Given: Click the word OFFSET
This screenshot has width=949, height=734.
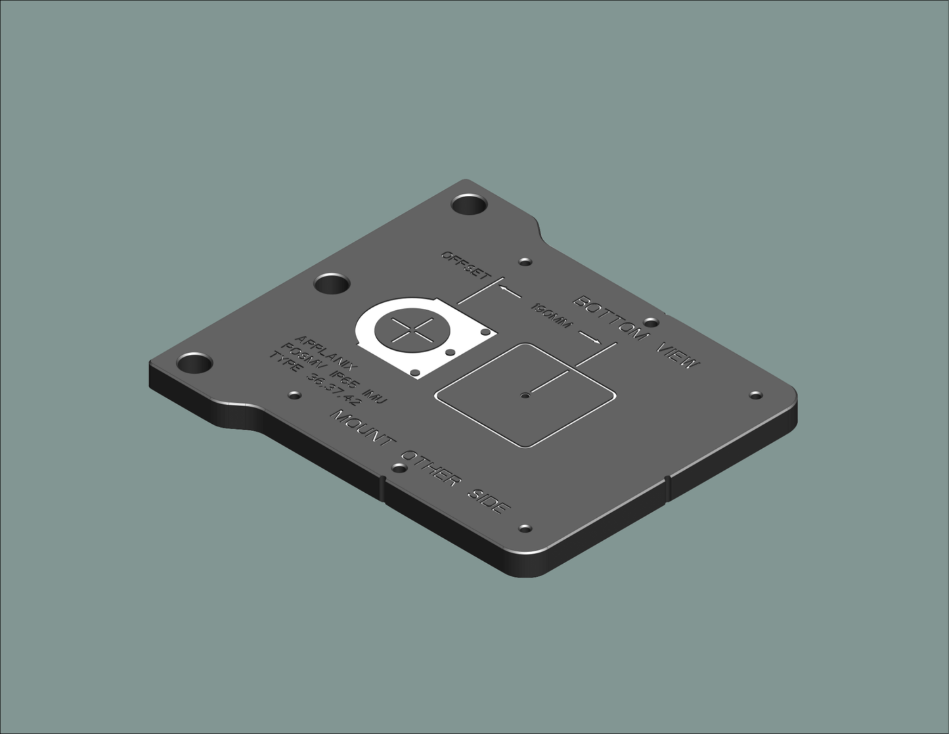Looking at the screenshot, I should pos(465,264).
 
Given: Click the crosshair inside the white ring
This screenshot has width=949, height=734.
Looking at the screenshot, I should pos(412,329).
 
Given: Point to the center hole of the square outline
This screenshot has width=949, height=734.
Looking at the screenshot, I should pos(524,396).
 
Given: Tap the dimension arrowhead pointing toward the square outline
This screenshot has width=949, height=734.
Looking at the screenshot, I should pos(594,342).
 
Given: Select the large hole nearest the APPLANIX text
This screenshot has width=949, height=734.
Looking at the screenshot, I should pos(195,363).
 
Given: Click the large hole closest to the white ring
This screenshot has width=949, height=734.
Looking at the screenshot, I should pos(332,285).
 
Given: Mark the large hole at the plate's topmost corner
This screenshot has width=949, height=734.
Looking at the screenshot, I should pos(470,204).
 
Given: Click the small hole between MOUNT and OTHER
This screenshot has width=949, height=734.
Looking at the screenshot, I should pos(399,469).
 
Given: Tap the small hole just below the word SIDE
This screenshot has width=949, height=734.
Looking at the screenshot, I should pos(525,528).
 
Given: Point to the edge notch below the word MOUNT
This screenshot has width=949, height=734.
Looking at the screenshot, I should pos(383,488).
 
